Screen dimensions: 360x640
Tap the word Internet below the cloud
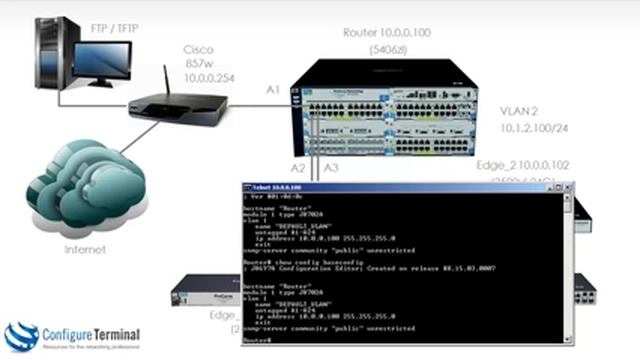click(x=84, y=249)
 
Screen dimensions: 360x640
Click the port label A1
click(x=273, y=90)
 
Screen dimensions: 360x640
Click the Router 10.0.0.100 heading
click(x=386, y=32)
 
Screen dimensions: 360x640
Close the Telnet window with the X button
click(x=566, y=187)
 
